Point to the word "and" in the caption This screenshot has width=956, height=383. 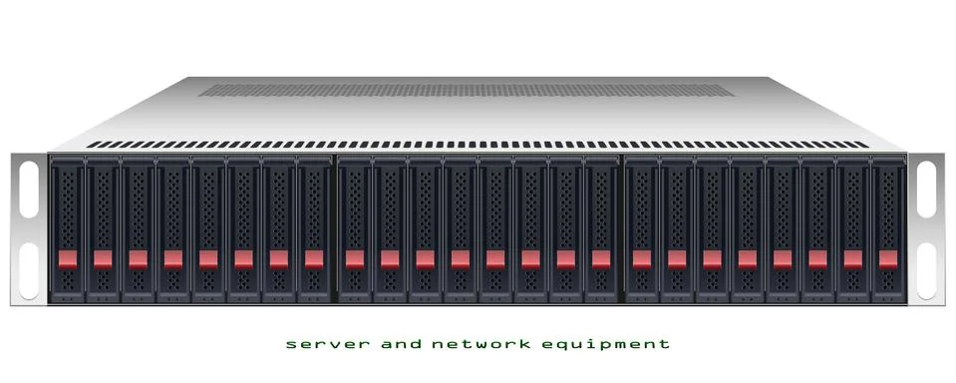coord(397,344)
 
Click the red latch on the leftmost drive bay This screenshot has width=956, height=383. coord(67,259)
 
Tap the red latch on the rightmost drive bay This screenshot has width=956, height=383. coord(887,259)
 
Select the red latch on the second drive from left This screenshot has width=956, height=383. coord(103,259)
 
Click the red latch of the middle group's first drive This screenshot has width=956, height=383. coord(354,259)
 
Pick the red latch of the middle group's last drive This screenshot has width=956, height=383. coord(600,259)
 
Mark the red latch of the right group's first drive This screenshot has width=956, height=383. coord(641,259)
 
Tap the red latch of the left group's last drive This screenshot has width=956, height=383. coord(313,259)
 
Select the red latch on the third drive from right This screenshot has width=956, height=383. coord(817,259)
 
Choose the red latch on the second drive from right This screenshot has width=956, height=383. coord(852,259)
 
